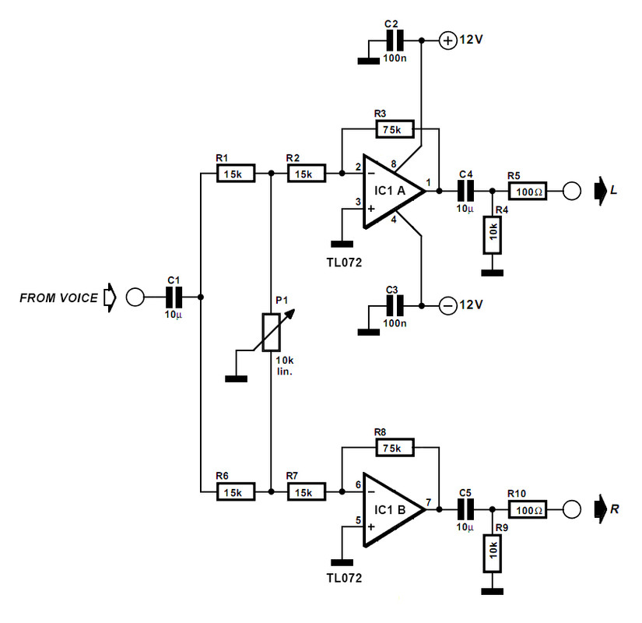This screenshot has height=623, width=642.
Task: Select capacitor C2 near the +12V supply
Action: click(x=395, y=40)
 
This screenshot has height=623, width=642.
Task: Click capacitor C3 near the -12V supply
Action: click(x=395, y=304)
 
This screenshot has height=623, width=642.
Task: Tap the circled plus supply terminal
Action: click(x=448, y=40)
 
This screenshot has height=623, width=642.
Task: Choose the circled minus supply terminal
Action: click(x=448, y=304)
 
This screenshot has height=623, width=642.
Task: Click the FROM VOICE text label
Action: click(x=59, y=297)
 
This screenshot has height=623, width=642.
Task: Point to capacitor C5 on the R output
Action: click(x=465, y=509)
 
